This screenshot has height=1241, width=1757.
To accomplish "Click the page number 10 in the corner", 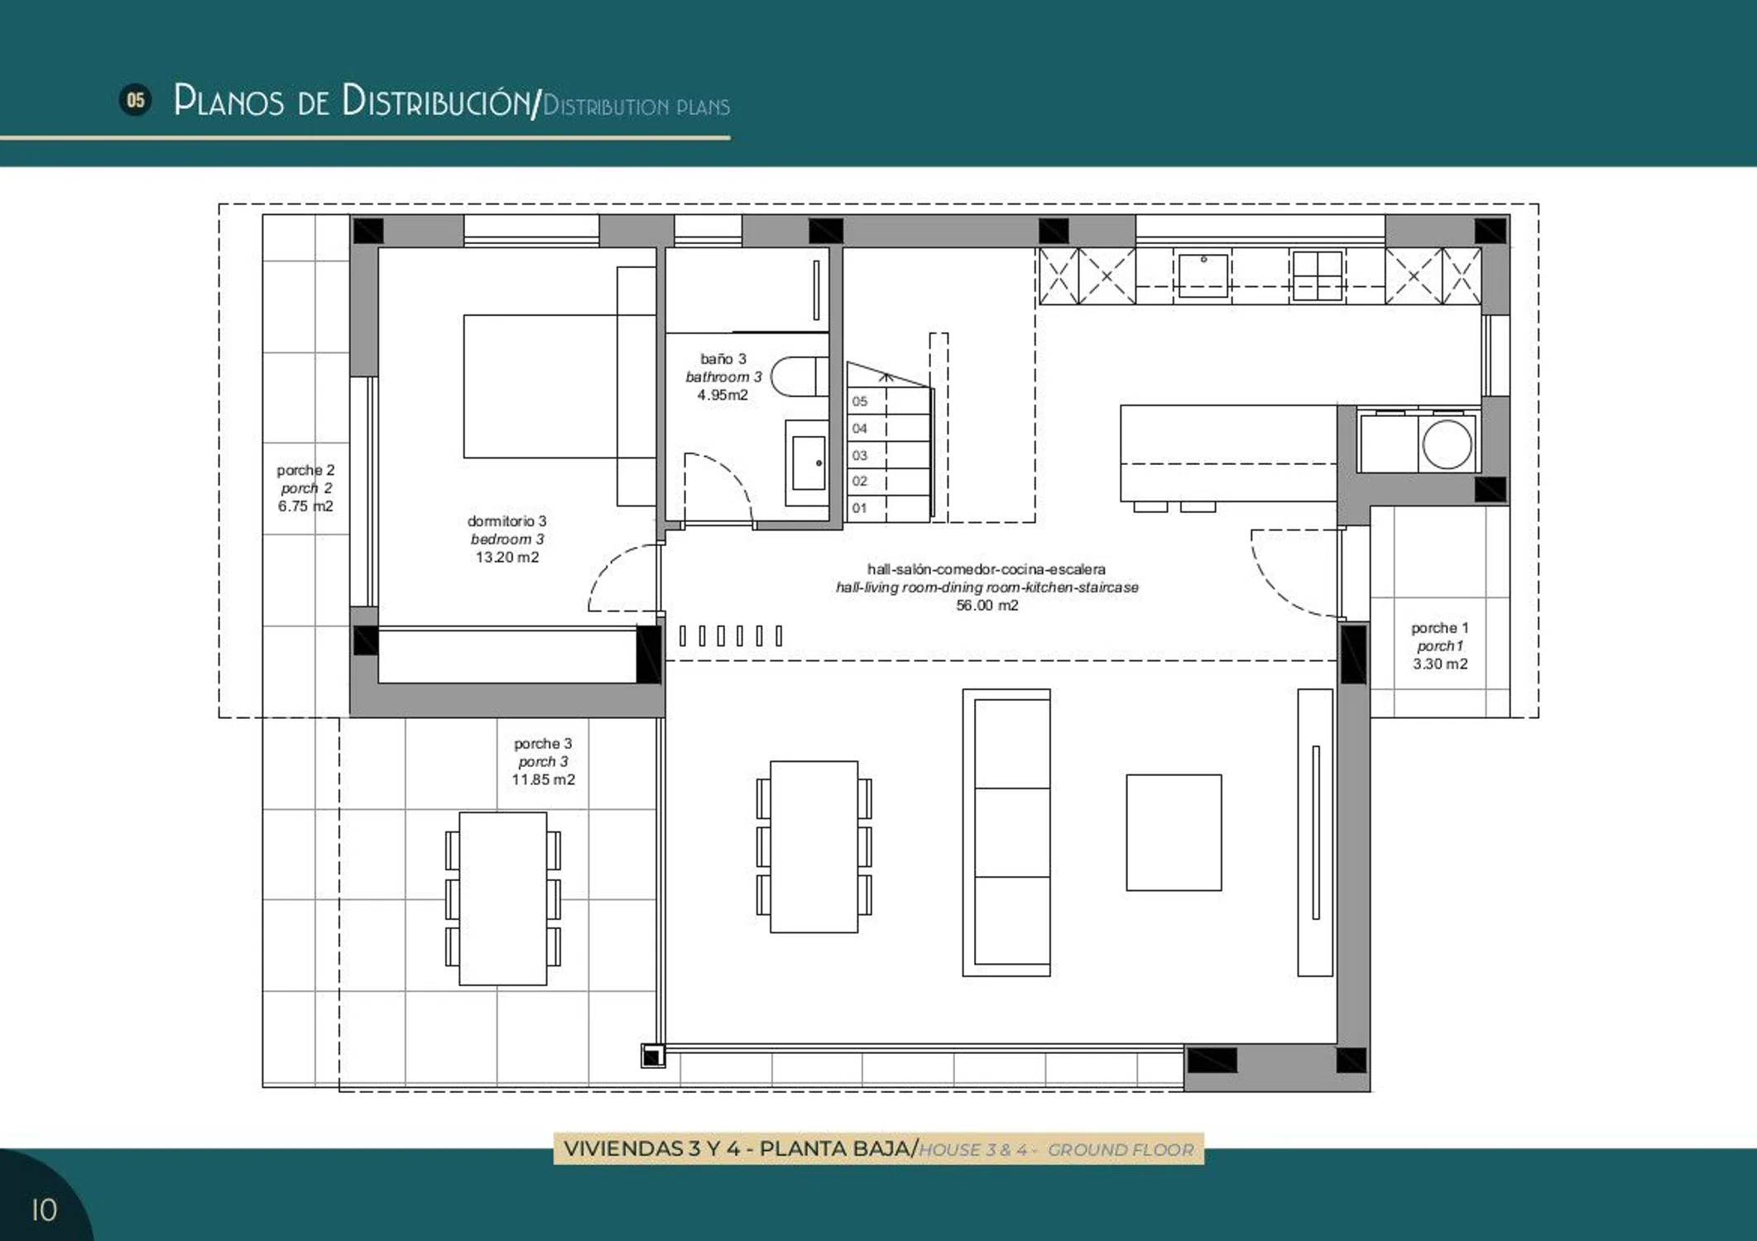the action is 44,1210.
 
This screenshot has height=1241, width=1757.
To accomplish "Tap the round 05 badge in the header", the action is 136,100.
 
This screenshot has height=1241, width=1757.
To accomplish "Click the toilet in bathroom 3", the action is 799,376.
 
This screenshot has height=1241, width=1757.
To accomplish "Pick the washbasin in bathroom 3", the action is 807,462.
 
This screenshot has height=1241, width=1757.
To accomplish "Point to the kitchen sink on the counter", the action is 1203,275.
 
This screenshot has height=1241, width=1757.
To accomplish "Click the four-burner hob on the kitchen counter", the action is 1316,275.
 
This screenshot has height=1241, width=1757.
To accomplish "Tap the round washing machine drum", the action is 1447,444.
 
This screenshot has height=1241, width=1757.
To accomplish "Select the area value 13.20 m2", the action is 506,558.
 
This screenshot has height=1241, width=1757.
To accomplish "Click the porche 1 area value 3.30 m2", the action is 1440,664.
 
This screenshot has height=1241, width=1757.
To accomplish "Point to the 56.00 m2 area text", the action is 987,606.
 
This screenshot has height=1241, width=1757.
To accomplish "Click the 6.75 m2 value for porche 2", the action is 305,506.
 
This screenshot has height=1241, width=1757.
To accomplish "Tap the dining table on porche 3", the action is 502,898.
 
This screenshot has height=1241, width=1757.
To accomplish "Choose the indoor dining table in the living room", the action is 814,846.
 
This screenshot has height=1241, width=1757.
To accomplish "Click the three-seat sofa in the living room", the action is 1006,832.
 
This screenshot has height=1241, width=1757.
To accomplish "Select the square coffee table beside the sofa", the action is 1174,832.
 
